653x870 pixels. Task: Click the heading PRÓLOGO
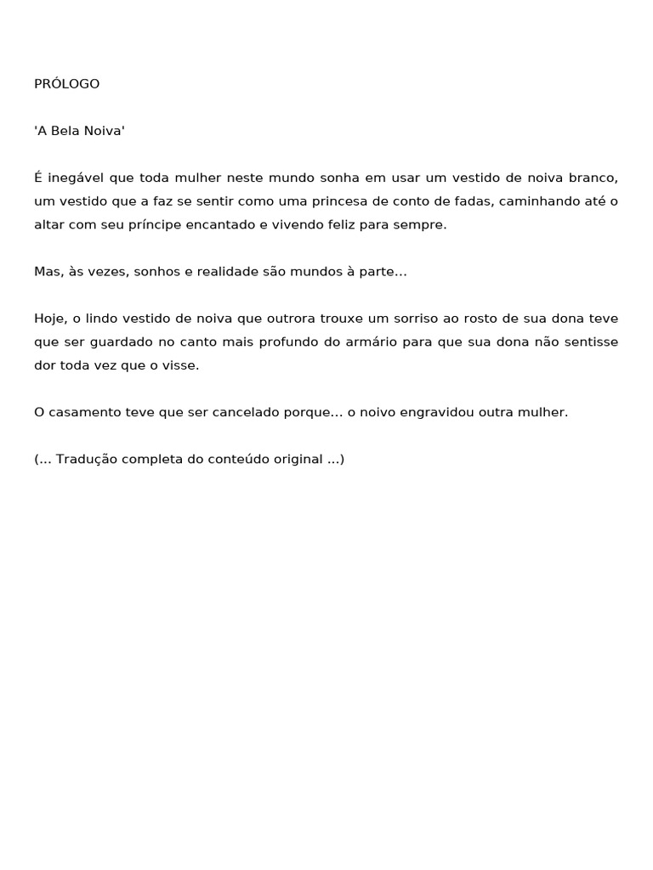pyautogui.click(x=66, y=84)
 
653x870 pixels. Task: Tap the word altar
pyautogui.click(x=48, y=225)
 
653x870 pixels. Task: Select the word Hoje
pyautogui.click(x=48, y=319)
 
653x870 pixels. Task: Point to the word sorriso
pyautogui.click(x=415, y=319)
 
